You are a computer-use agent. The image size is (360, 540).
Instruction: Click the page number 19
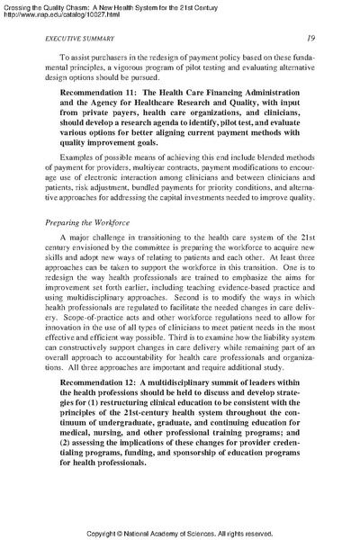coord(309,39)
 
